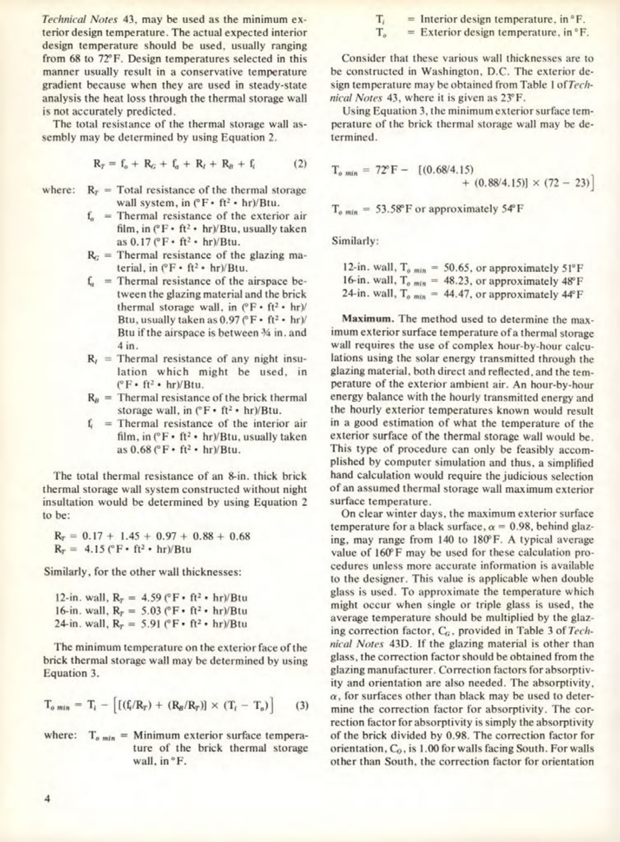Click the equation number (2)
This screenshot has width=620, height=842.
pos(299,164)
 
